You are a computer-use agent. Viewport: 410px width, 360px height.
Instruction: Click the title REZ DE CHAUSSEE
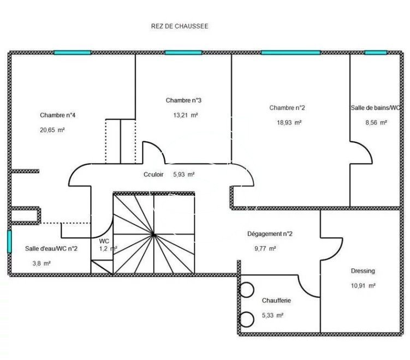(180, 26)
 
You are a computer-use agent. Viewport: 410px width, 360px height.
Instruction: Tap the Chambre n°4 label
(57, 115)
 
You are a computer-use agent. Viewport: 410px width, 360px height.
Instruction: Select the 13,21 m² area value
(186, 115)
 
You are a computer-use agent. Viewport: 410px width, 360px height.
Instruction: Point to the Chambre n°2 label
(287, 107)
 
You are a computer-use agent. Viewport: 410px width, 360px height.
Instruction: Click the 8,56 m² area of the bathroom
(376, 123)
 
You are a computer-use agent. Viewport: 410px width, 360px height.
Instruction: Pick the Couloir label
(153, 174)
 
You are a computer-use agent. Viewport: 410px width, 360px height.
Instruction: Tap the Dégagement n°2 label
(270, 234)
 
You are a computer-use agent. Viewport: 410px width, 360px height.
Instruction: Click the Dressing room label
(363, 271)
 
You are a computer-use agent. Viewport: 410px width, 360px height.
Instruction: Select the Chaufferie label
(276, 301)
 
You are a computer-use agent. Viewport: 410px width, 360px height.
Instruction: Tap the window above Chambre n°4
(73, 52)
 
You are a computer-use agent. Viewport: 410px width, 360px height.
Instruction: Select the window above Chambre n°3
(183, 52)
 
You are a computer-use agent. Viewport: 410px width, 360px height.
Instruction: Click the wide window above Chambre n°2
(291, 52)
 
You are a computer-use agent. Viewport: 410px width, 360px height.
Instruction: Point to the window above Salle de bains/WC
(376, 52)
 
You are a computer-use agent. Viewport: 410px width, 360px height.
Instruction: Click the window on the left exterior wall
(9, 242)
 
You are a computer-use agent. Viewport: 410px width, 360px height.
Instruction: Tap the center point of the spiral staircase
(154, 235)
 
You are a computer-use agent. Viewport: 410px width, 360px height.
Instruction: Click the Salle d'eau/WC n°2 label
(51, 249)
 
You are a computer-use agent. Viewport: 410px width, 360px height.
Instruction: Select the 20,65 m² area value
(52, 130)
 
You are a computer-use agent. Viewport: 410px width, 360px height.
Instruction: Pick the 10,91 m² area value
(363, 286)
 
